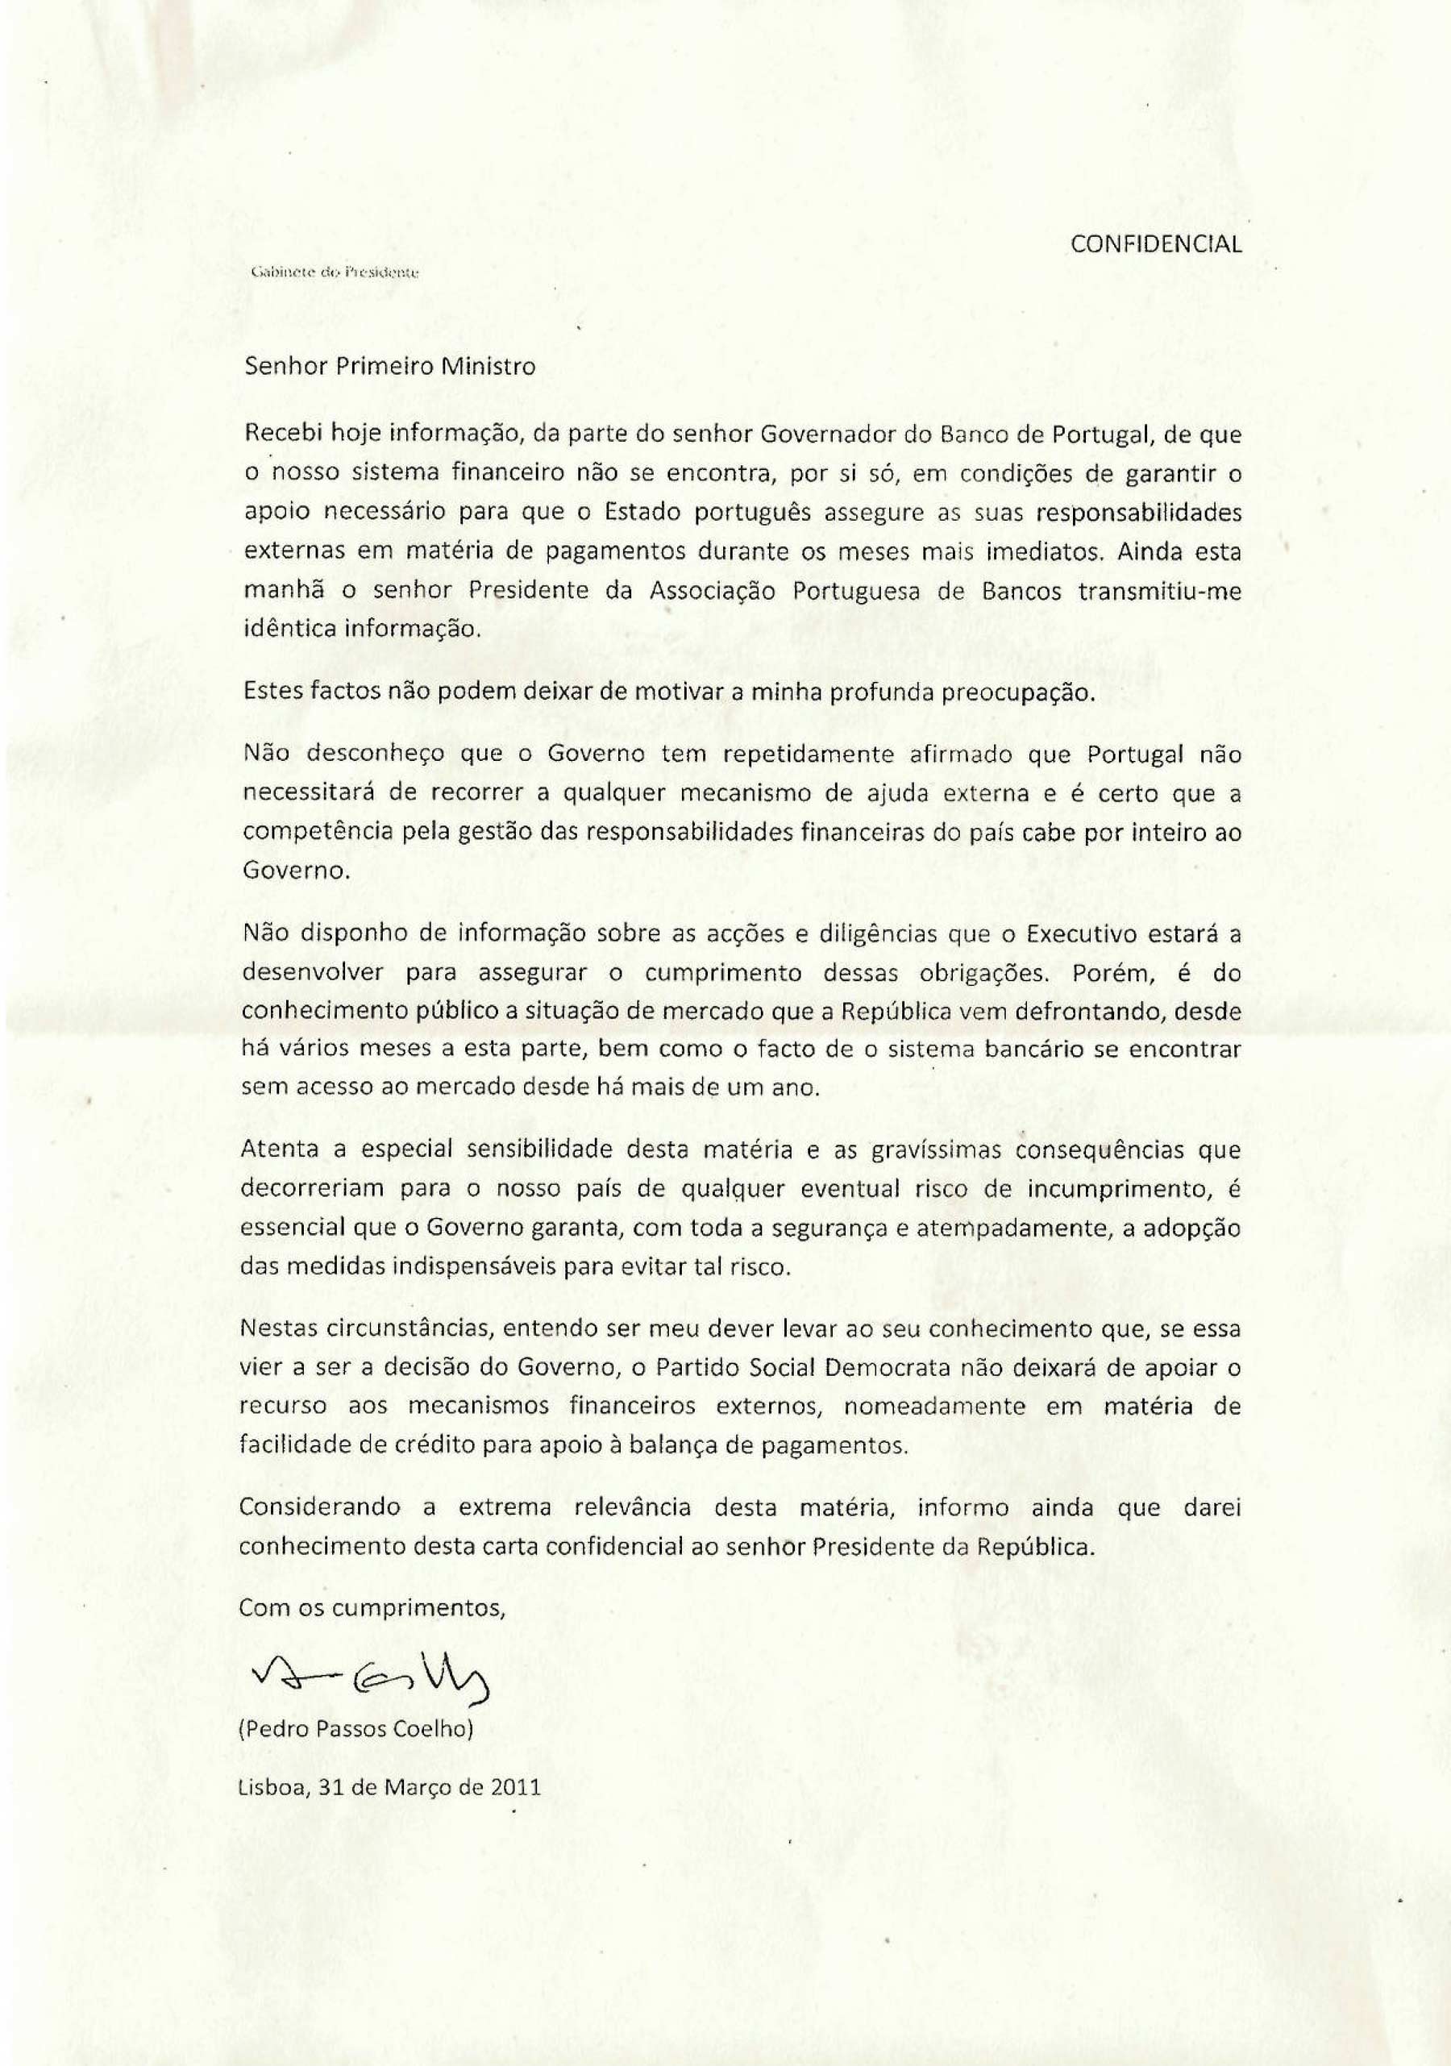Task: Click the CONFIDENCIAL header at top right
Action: (x=1156, y=244)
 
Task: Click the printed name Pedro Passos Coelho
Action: (x=355, y=1730)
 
